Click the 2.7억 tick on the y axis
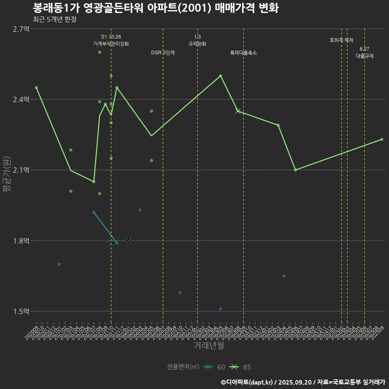click(x=21, y=29)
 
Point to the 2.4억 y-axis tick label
click(x=21, y=100)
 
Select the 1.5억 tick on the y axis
click(x=21, y=312)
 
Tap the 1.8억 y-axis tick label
click(x=21, y=241)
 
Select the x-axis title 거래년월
click(x=209, y=346)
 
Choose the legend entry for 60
click(x=215, y=367)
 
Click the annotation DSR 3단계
click(x=163, y=53)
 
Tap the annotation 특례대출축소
click(x=244, y=53)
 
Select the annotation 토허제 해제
click(x=342, y=40)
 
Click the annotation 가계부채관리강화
click(x=111, y=44)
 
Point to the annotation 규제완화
click(x=197, y=44)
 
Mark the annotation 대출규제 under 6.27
click(x=365, y=56)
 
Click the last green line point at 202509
click(x=382, y=139)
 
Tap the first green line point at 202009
click(x=36, y=88)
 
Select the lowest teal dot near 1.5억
click(x=220, y=309)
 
